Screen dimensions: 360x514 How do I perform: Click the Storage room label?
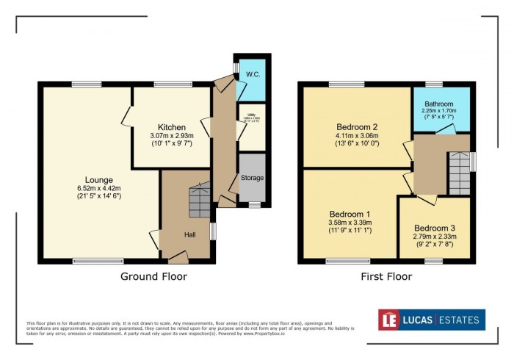coord(252,178)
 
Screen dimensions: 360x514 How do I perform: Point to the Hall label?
coord(189,234)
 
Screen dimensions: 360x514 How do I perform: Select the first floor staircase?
coord(459,173)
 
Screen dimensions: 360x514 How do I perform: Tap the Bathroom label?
coord(440,104)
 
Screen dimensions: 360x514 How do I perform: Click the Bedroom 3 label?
coord(434,227)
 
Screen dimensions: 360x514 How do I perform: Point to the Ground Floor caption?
coord(153,277)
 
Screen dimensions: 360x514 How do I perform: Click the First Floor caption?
coord(385,277)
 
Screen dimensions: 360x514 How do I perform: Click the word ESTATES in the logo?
coord(458,320)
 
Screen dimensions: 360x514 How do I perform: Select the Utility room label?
coord(250,114)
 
